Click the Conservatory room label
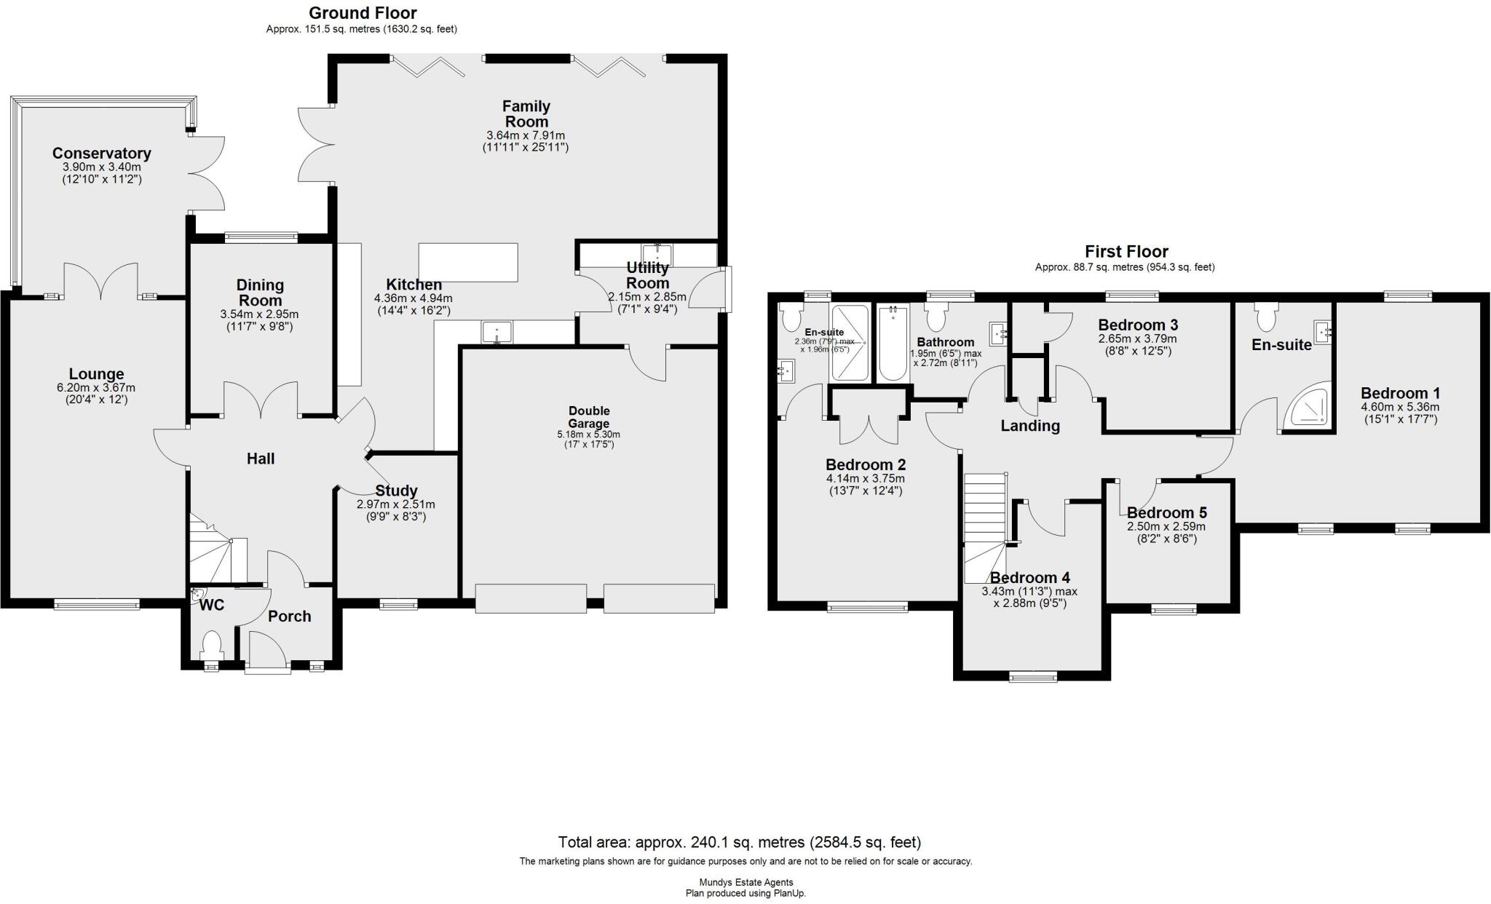[x=101, y=154]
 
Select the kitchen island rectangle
[x=468, y=262]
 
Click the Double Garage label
[x=589, y=417]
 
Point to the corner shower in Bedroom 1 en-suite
[x=1308, y=405]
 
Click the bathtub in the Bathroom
[x=893, y=343]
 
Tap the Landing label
[x=1029, y=426]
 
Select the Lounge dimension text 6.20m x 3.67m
[x=96, y=388]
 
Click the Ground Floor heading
[x=363, y=13]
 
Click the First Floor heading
[x=1126, y=252]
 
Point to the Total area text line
[x=739, y=843]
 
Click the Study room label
[x=396, y=491]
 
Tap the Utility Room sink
[x=657, y=255]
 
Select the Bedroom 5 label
[x=1166, y=513]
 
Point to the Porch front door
[x=267, y=650]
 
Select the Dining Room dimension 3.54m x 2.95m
[x=260, y=314]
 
